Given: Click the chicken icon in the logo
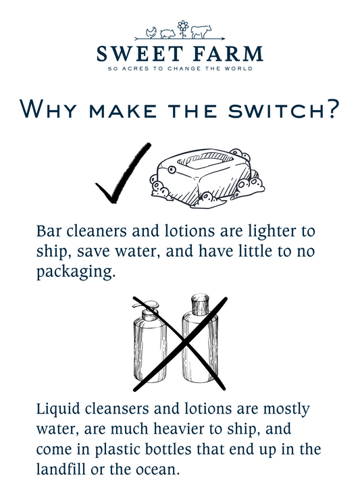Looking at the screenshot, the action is pyautogui.click(x=151, y=32).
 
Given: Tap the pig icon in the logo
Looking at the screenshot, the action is pyautogui.click(x=168, y=33).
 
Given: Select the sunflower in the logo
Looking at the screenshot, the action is pyautogui.click(x=183, y=29).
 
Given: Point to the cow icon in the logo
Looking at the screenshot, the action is pyautogui.click(x=201, y=32).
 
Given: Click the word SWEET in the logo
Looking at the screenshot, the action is pyautogui.click(x=140, y=53).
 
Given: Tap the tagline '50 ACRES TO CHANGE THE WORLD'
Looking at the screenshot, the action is pyautogui.click(x=180, y=68).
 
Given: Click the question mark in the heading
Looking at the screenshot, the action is pyautogui.click(x=330, y=108).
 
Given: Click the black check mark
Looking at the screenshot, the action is pyautogui.click(x=123, y=174).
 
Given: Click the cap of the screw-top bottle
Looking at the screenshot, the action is pyautogui.click(x=200, y=305).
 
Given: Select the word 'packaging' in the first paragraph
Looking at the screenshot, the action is pyautogui.click(x=75, y=272).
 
